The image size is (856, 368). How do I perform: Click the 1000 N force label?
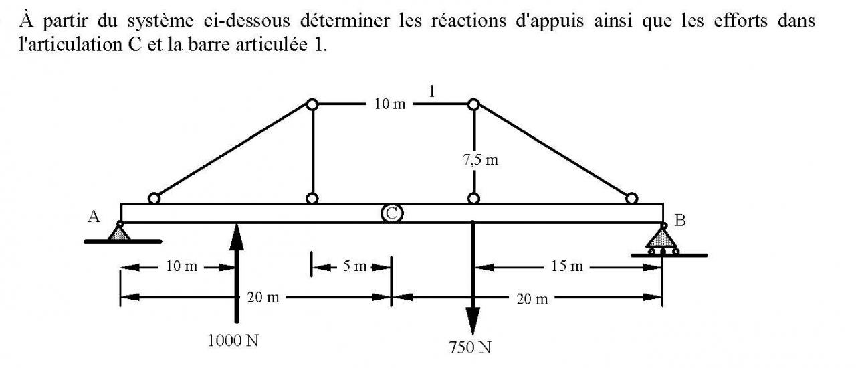(233, 341)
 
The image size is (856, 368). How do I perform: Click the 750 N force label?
(471, 347)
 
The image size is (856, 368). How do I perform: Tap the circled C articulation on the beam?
(392, 213)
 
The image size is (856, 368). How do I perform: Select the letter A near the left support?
(94, 216)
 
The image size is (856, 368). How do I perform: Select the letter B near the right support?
(680, 221)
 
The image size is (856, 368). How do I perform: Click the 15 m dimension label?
(567, 266)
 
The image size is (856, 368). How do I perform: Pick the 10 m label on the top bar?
(389, 105)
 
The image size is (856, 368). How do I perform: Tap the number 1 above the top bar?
(432, 92)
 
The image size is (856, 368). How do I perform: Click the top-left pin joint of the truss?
(312, 104)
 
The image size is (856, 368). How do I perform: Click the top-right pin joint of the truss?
(473, 104)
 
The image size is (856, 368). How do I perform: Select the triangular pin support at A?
(120, 232)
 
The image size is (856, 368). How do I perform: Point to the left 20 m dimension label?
(263, 297)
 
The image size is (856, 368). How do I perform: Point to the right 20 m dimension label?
(532, 298)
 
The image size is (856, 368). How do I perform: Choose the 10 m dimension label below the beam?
(181, 266)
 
